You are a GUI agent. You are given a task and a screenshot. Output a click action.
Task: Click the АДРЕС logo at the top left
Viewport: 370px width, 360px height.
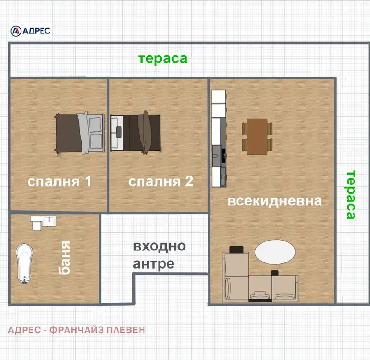30,31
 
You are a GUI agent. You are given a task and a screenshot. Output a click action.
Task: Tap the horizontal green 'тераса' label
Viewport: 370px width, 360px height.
163,59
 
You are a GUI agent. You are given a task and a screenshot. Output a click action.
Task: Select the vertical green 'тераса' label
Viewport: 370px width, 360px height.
351,194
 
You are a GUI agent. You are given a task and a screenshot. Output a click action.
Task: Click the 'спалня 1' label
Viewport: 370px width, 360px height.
59,181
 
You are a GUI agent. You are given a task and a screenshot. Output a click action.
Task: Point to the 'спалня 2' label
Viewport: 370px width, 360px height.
160,181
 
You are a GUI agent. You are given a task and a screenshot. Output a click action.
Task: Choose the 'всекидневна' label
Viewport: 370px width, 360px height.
275,201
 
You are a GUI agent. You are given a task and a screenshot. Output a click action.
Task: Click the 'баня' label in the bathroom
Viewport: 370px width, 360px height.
64,258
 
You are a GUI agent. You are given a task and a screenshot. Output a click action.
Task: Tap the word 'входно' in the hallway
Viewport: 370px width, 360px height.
160,246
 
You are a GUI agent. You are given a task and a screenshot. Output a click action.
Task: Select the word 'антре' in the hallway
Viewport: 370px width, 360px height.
154,264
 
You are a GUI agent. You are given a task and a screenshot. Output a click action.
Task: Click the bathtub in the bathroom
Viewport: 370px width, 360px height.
24,263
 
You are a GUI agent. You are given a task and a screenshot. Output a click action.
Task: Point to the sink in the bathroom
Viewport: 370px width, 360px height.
49,221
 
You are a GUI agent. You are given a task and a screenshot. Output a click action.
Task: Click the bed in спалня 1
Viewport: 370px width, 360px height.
79,133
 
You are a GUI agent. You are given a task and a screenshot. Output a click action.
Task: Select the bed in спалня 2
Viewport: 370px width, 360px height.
136,133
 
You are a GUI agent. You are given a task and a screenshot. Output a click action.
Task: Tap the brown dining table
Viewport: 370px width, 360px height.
257,136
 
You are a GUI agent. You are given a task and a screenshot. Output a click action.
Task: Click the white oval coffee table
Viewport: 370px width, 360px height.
275,252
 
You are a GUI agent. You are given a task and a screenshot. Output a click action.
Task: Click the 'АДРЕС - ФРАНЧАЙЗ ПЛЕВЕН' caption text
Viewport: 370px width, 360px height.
77,330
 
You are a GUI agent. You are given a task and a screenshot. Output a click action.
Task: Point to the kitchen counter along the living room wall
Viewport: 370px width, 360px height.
219,138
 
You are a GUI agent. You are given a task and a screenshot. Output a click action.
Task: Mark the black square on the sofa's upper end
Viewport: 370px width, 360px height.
236,250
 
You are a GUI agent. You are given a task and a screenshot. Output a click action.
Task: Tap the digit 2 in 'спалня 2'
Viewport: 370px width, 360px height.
189,181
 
